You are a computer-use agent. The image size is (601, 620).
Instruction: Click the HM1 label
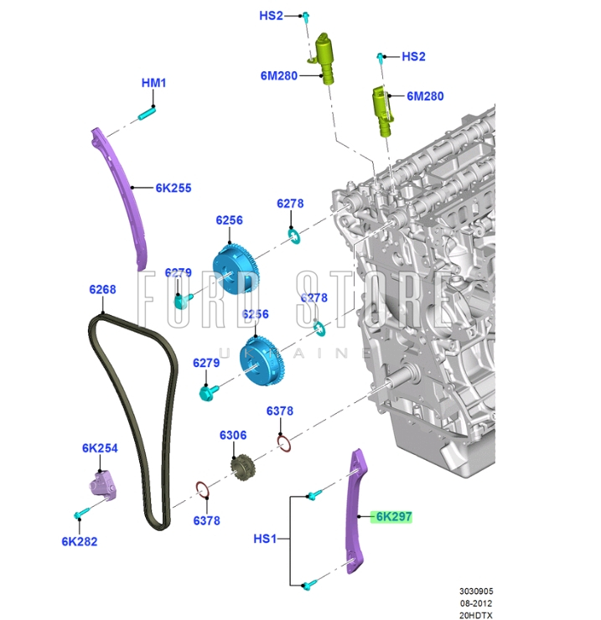154,83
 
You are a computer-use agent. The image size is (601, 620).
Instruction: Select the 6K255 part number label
173,188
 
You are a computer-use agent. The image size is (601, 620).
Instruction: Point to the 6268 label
102,290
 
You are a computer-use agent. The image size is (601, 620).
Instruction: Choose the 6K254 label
100,448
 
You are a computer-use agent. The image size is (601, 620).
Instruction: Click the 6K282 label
79,541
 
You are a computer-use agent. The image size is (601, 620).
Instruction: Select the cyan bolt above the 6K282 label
80,512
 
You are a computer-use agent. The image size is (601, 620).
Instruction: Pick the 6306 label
233,435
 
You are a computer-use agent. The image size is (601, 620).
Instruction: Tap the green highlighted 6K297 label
393,517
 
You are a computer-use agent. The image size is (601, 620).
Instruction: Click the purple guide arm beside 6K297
356,511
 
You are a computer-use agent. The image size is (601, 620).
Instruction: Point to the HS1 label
265,540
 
